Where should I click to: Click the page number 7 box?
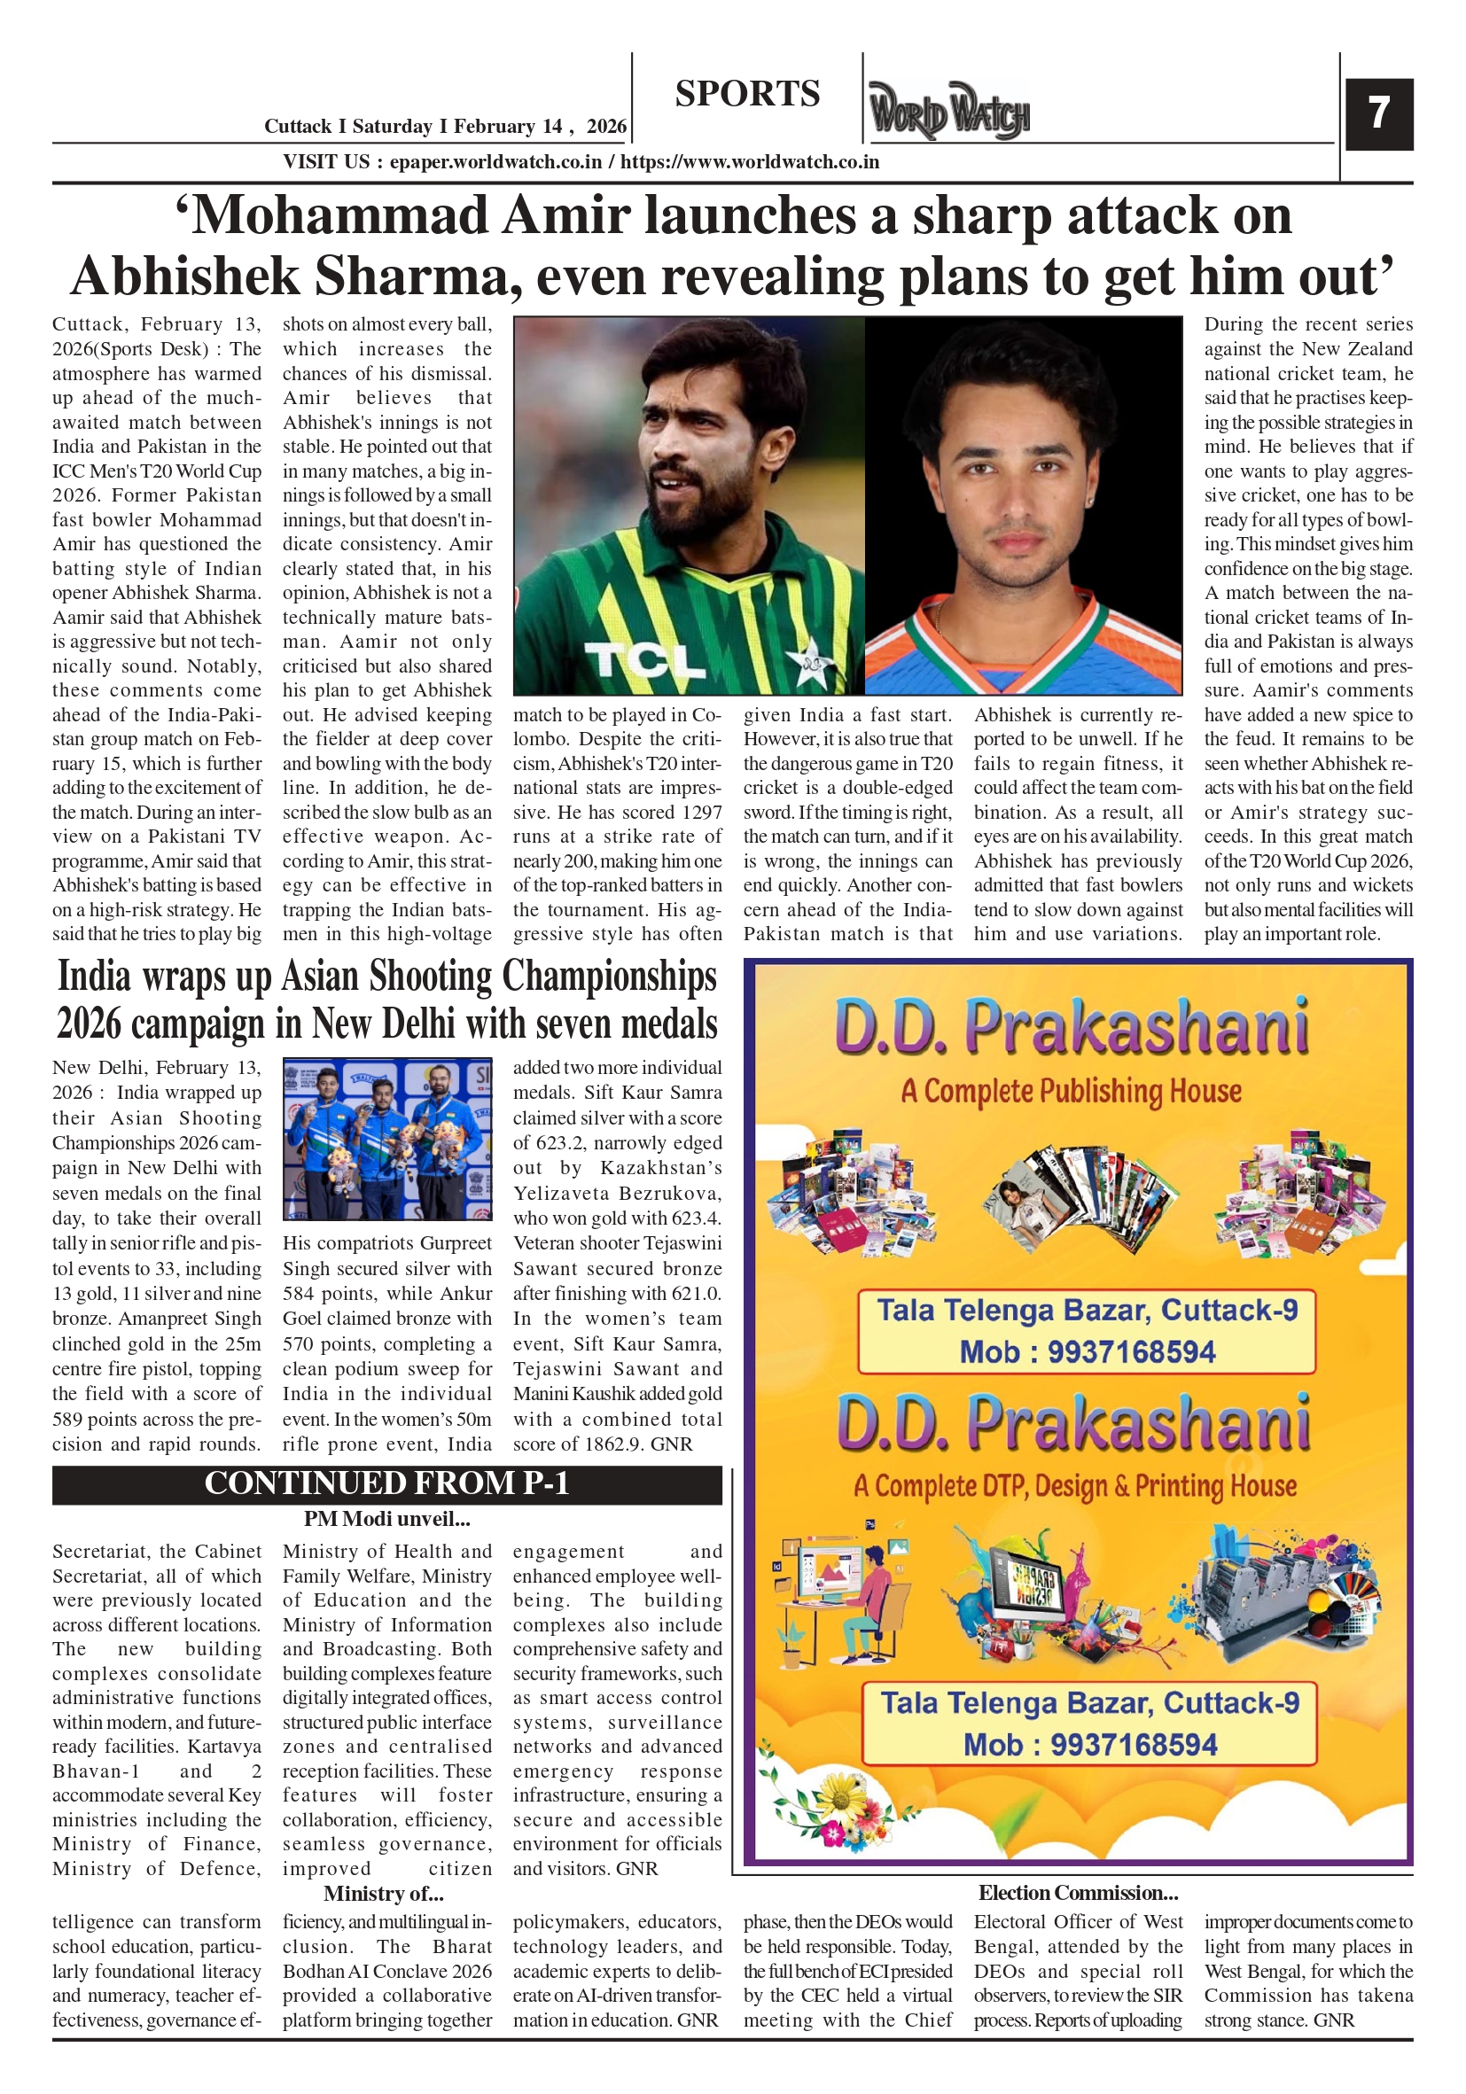click(1378, 114)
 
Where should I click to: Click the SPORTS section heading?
click(747, 94)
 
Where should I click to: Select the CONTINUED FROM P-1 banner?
click(386, 1483)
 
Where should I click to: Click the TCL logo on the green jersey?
click(645, 659)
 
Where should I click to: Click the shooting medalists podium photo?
click(386, 1138)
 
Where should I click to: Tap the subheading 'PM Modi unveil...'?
click(386, 1520)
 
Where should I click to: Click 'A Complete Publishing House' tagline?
click(1071, 1091)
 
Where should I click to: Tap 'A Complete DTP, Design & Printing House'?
click(1074, 1486)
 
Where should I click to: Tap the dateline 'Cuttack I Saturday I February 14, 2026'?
click(445, 127)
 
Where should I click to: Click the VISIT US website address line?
click(581, 162)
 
